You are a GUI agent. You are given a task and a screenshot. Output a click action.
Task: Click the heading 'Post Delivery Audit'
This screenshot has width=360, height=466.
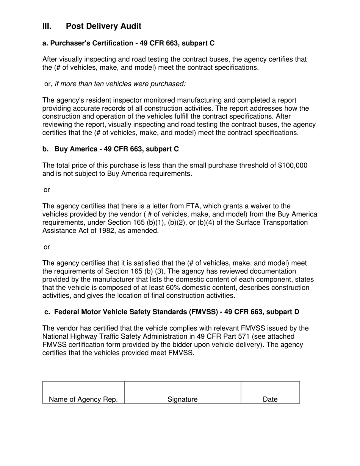click(103, 26)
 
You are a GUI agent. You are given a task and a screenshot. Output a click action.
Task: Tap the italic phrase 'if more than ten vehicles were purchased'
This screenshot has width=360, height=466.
click(120, 84)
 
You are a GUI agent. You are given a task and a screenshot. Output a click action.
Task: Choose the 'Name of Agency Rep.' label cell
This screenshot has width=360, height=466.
click(83, 399)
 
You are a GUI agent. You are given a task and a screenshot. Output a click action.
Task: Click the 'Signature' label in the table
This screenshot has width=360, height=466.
click(183, 399)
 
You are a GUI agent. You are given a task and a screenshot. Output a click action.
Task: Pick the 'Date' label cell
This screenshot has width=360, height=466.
click(270, 399)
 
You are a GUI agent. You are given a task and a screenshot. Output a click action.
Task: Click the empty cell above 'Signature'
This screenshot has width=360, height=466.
click(183, 388)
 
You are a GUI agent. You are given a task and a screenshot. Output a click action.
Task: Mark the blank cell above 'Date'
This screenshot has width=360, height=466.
click(270, 388)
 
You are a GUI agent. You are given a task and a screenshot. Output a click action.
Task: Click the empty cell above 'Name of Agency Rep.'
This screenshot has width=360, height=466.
click(83, 388)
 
